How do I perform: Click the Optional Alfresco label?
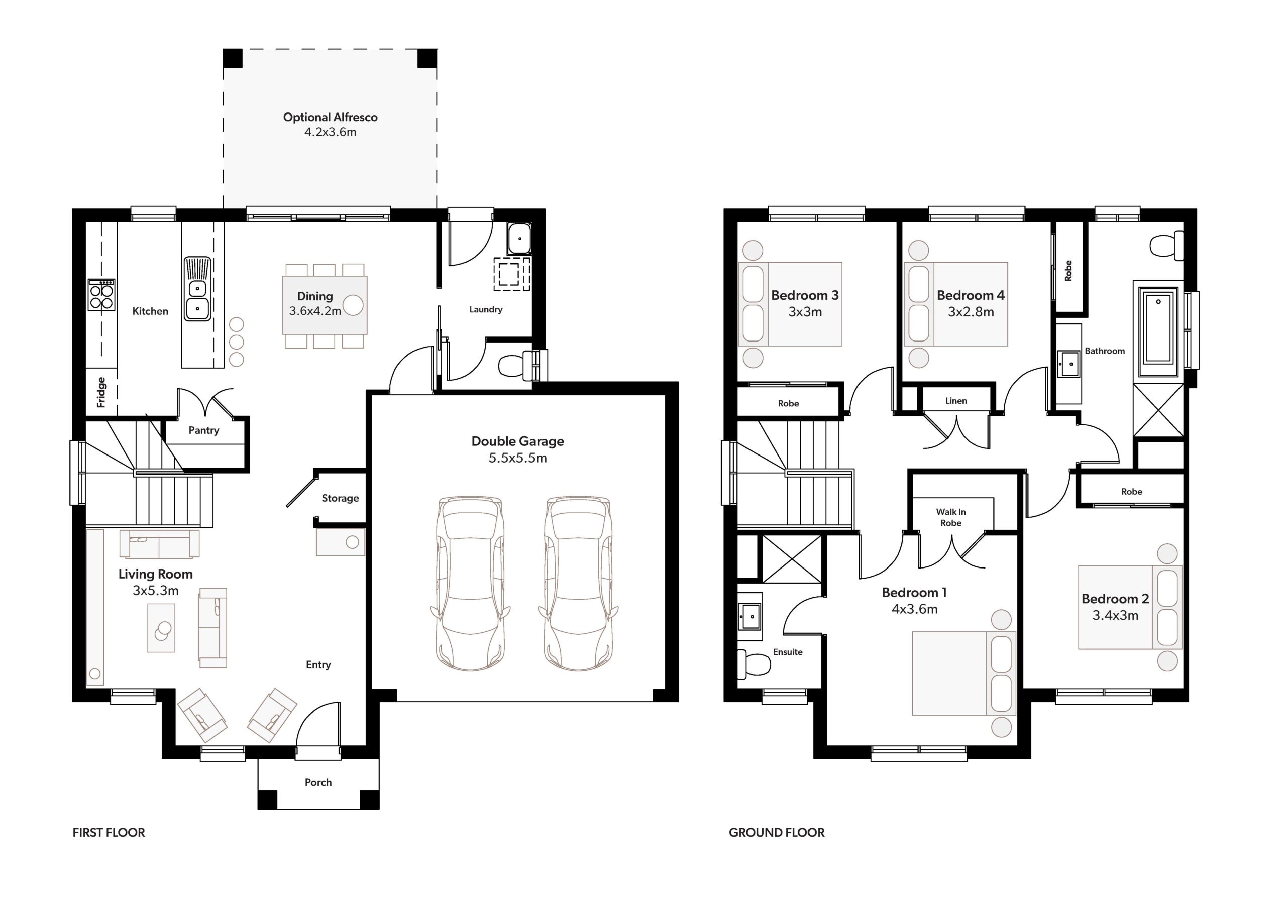330,118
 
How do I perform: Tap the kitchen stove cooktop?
101,295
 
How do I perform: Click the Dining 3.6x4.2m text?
315,303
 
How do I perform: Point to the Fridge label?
101,392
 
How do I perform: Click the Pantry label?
203,430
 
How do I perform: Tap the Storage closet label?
340,498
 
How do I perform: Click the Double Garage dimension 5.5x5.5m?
517,458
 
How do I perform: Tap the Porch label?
318,782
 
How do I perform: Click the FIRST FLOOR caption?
109,832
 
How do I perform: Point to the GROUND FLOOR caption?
776,832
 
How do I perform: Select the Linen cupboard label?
956,401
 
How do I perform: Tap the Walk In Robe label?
950,517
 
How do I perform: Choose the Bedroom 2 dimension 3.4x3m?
1115,616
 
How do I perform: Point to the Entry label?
318,665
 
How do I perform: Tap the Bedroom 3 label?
804,295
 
